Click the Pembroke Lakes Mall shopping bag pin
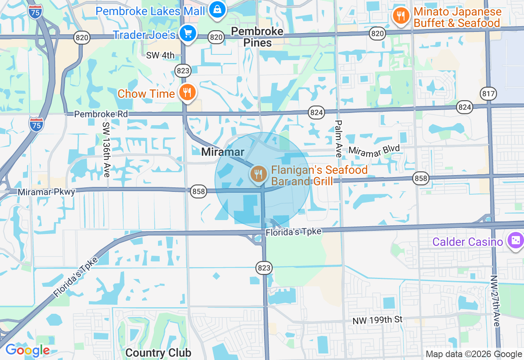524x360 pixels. coord(217,9)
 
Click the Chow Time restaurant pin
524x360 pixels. coord(187,92)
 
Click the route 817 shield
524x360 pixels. coord(489,94)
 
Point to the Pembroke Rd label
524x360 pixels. coord(101,114)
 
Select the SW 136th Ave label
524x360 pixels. coord(106,150)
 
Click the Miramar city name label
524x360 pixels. coord(223,152)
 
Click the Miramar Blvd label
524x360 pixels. coord(374,150)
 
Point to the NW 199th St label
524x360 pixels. coord(378,320)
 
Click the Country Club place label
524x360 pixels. coord(158,353)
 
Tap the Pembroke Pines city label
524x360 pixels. coord(257,37)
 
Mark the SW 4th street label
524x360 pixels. coord(160,55)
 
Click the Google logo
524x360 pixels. coord(27,350)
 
